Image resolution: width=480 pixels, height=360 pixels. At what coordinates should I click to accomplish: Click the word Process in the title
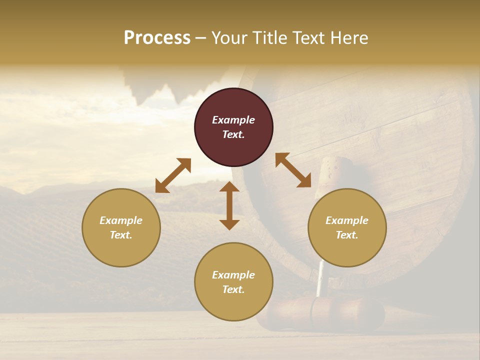pyautogui.click(x=157, y=38)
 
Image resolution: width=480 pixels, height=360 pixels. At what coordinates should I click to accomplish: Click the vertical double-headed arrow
pyautogui.click(x=229, y=205)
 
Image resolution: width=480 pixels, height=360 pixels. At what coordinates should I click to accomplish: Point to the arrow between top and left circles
pyautogui.click(x=173, y=175)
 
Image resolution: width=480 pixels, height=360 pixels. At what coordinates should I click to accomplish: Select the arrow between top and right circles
pyautogui.click(x=293, y=170)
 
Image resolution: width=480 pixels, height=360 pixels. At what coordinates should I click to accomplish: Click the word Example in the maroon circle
pyautogui.click(x=233, y=120)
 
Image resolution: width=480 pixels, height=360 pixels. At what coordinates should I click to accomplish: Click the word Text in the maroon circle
pyautogui.click(x=232, y=134)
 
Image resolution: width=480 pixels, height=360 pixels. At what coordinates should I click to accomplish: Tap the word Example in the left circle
pyautogui.click(x=121, y=220)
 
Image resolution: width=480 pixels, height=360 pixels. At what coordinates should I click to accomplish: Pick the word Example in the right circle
pyautogui.click(x=347, y=220)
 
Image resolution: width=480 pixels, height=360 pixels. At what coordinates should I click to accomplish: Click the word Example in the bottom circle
pyautogui.click(x=233, y=275)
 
